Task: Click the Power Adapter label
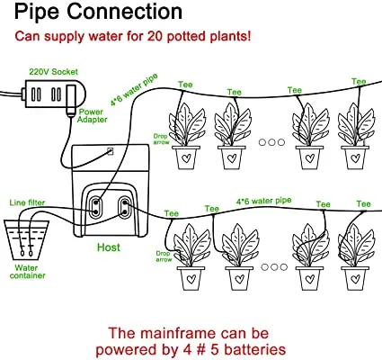92,116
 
